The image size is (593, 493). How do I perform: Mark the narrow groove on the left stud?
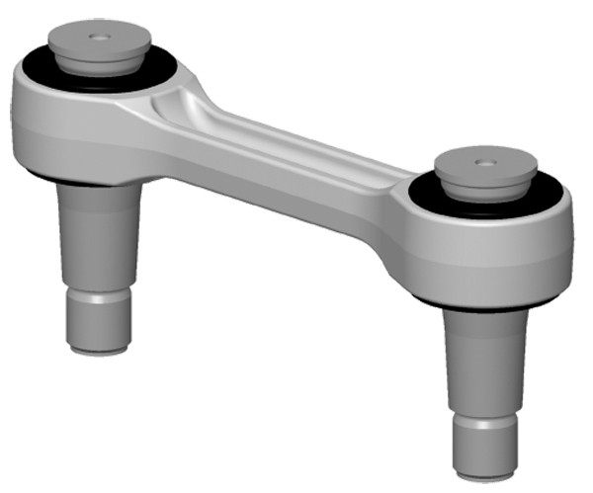(98, 292)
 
